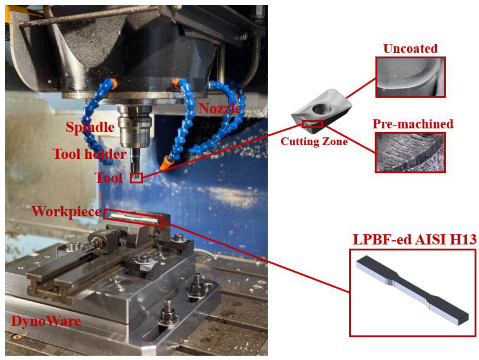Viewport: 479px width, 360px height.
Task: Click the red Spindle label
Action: coord(90,127)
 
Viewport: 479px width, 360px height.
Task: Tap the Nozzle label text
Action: coord(220,109)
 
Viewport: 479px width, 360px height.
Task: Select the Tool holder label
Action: coord(90,154)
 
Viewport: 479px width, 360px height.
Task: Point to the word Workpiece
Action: coord(67,211)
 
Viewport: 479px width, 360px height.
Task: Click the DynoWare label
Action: coord(46,321)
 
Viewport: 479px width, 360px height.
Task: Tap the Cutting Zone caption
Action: coord(314,141)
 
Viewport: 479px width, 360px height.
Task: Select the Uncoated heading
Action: coord(411,49)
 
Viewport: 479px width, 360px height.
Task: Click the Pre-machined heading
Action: coord(413,124)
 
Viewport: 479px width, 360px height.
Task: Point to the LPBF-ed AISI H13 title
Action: coord(415,239)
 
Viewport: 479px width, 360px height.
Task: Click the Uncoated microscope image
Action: coord(411,77)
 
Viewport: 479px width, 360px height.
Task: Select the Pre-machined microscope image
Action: coord(410,153)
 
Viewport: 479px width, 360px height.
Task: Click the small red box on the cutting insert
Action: coord(312,124)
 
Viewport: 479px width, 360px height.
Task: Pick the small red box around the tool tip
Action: coord(136,178)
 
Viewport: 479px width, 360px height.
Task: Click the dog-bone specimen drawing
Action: coord(412,290)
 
